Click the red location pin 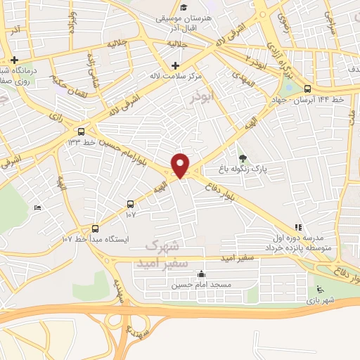(181, 165)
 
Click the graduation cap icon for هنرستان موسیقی (184, 8)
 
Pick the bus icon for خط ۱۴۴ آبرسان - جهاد (307, 89)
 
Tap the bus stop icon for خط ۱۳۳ (82, 131)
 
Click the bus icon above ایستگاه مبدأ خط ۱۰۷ (96, 229)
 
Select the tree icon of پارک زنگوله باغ (243, 159)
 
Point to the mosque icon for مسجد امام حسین (202, 274)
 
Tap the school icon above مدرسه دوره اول (299, 228)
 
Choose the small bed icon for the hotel (38, 207)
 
